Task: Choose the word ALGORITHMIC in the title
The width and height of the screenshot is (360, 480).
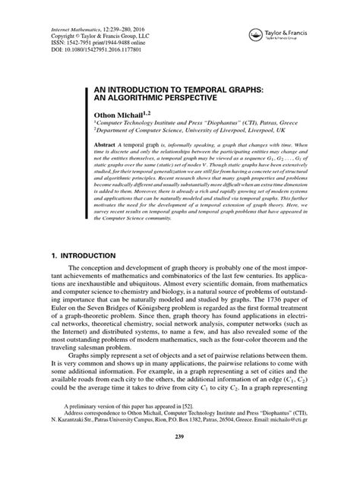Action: pos(146,98)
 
